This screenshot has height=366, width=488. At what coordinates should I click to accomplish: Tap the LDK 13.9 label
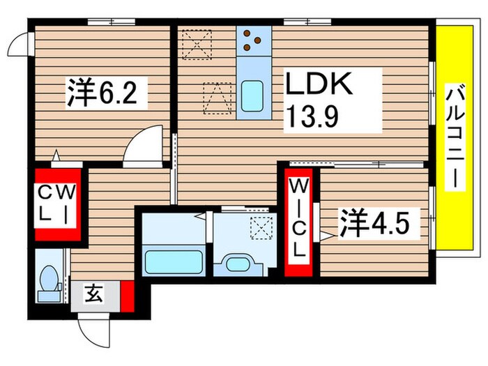[x=321, y=99]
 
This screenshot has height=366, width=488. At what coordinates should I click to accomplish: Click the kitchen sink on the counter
[x=252, y=95]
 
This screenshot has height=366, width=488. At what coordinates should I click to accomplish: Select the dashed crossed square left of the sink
[x=217, y=98]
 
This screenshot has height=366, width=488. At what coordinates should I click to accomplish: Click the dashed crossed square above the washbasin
[x=261, y=226]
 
